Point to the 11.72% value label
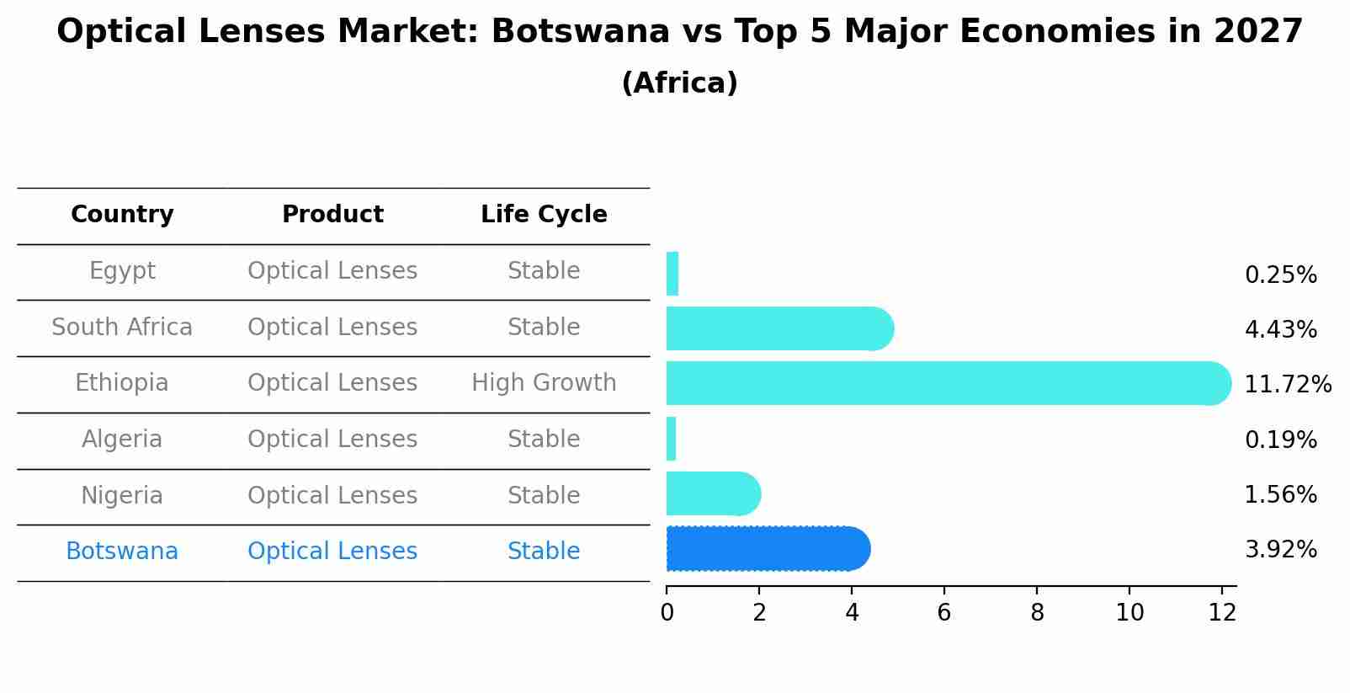pos(1287,385)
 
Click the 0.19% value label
pos(1280,440)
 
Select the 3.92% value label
pos(1280,550)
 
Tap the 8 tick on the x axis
pos(1037,613)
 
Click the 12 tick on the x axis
pos(1222,613)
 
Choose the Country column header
pos(122,215)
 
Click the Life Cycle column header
pos(544,215)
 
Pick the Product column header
pos(332,215)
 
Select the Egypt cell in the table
pos(122,271)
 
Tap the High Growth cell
pos(544,383)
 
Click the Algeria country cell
pos(122,440)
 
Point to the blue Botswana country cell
pos(122,552)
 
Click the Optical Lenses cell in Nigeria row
pos(332,495)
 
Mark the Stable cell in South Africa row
pos(544,328)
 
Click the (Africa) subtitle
pos(679,83)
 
